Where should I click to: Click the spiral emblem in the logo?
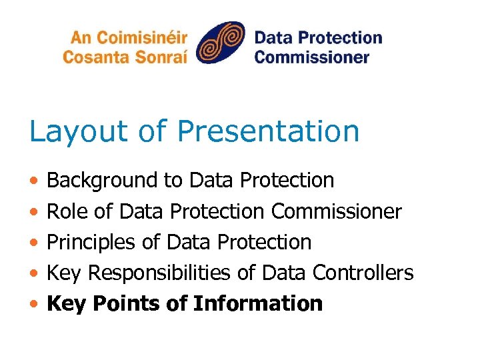pos(221,43)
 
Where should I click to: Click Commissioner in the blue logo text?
pos(311,56)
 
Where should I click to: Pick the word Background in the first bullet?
pos(103,181)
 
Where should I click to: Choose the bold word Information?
pos(257,304)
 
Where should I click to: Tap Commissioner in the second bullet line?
pos(336,212)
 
